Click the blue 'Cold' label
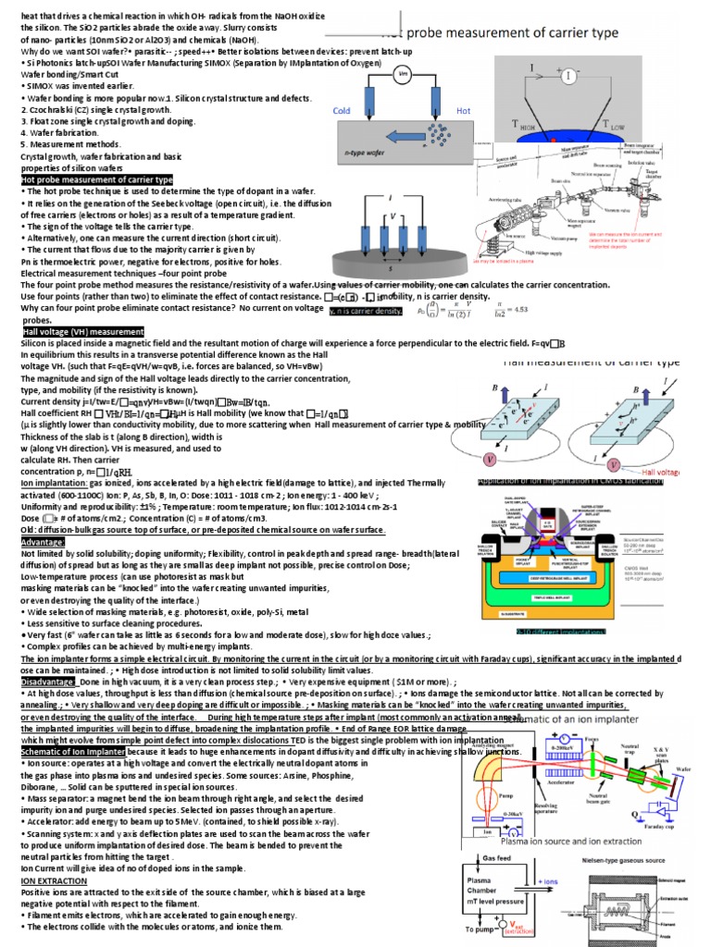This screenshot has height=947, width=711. (x=343, y=110)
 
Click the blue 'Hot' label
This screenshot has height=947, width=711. (x=464, y=110)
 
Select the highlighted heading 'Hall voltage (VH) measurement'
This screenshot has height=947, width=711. (x=82, y=331)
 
